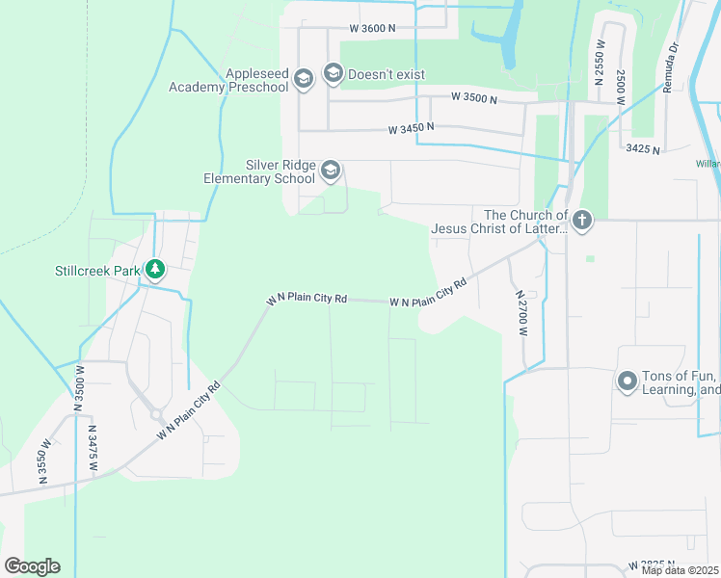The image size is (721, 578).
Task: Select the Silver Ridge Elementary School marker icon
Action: (x=331, y=171)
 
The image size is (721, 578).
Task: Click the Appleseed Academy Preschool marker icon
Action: (x=304, y=80)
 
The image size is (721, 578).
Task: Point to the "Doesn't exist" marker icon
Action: (x=334, y=73)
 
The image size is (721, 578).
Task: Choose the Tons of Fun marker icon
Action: (x=628, y=382)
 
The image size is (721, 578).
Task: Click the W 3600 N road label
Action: (x=373, y=29)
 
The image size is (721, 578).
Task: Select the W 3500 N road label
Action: (x=474, y=98)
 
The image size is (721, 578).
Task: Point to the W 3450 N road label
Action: (x=412, y=127)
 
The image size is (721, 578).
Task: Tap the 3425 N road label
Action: (x=643, y=148)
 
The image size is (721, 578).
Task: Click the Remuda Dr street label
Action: (x=671, y=66)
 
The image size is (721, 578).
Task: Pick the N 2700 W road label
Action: (x=521, y=313)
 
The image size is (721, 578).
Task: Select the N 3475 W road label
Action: (x=93, y=448)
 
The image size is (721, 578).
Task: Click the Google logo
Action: (x=32, y=566)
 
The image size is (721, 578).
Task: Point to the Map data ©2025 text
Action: (x=681, y=570)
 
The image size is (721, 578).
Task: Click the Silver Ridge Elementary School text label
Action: (x=259, y=171)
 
